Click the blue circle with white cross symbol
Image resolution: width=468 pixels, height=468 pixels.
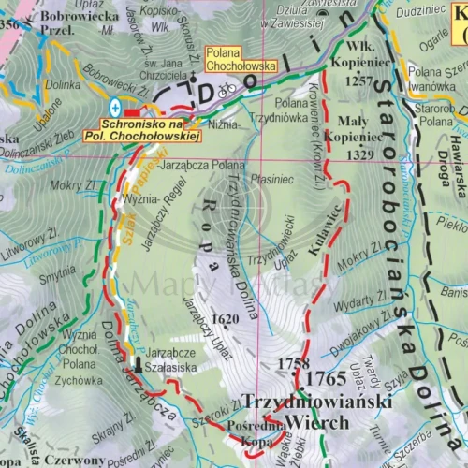pos(114,105)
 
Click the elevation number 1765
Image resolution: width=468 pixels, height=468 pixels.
pos(325,379)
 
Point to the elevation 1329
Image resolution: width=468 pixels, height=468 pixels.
pos(345,154)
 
